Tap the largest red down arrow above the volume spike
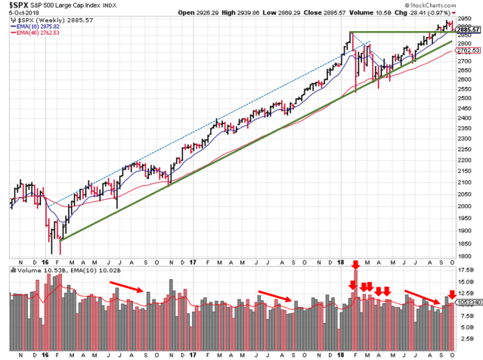[355, 267]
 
